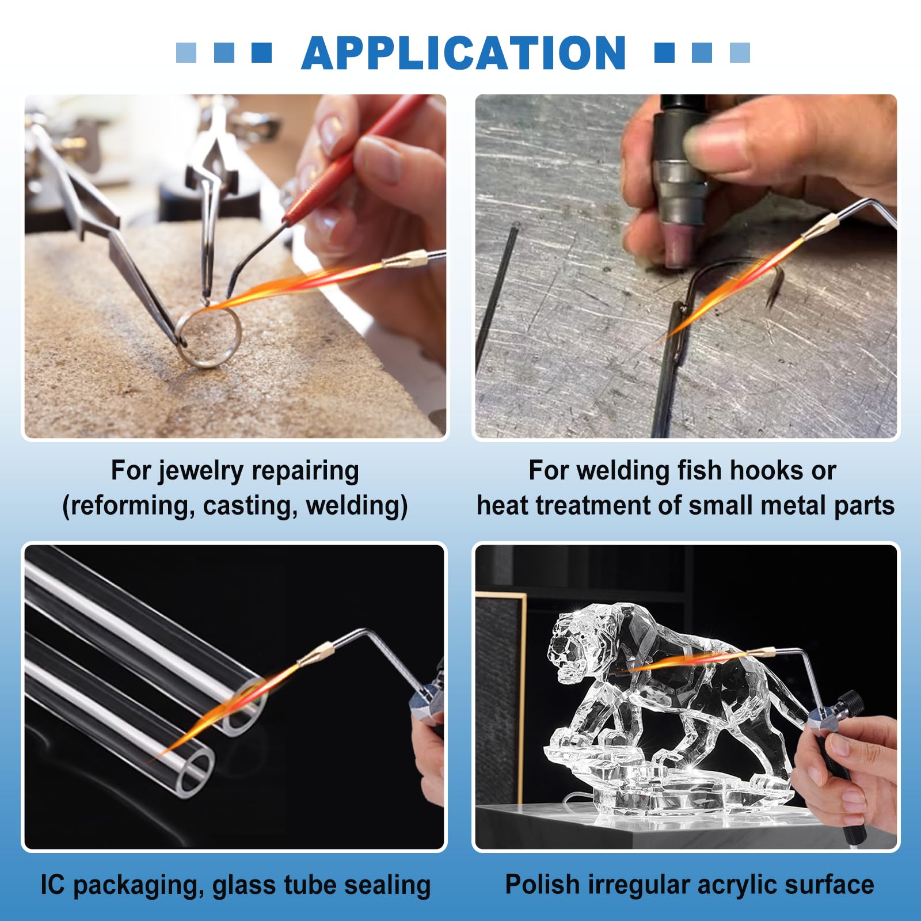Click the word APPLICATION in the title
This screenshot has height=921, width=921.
tap(463, 53)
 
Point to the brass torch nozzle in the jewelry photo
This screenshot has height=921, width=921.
tap(405, 259)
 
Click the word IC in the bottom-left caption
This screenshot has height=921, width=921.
tap(53, 885)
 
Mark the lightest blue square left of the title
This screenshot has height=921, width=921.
tap(186, 52)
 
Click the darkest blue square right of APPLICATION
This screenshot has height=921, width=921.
tap(664, 52)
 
